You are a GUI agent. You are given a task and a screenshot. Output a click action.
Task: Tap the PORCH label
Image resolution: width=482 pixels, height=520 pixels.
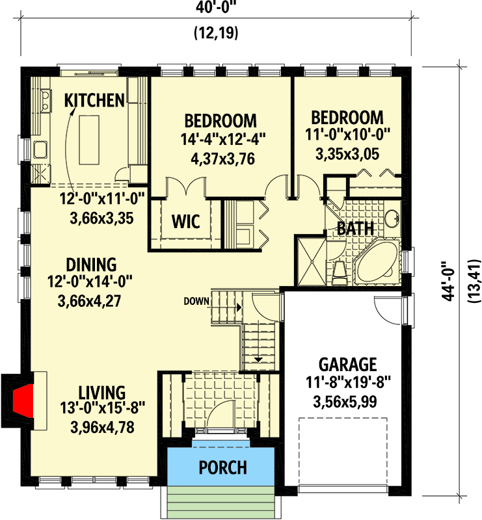(x=222, y=467)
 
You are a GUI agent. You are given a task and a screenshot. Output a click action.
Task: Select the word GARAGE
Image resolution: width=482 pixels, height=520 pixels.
(x=347, y=363)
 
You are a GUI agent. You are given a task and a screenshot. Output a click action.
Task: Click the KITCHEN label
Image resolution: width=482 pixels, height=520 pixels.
(x=94, y=100)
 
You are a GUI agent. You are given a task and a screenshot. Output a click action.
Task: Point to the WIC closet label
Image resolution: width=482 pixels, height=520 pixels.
(x=186, y=221)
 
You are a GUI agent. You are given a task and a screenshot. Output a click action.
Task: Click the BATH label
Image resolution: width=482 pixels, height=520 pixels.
(x=355, y=228)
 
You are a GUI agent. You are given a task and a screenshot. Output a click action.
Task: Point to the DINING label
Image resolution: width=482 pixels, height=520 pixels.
(x=91, y=265)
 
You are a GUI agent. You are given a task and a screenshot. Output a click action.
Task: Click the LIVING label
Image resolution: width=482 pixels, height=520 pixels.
(x=101, y=393)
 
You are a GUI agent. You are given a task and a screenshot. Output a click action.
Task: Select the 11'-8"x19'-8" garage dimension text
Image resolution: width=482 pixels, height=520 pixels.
(x=347, y=383)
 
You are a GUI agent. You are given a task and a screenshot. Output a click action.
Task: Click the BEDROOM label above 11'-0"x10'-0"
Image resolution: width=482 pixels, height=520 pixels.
(x=347, y=118)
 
